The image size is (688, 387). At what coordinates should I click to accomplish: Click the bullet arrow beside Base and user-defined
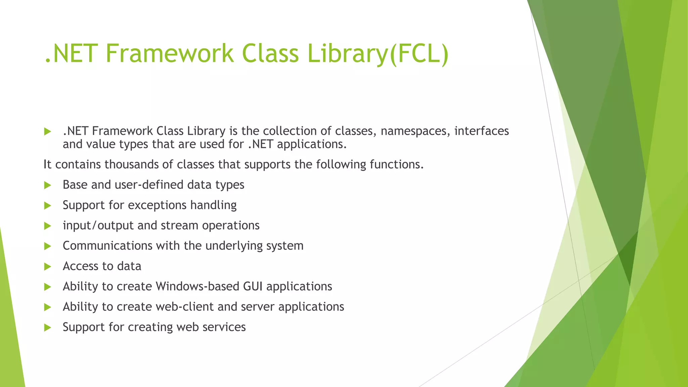coord(47,185)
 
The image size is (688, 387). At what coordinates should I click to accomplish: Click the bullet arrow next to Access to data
coord(47,267)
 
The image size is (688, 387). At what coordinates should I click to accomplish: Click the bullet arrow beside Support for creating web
coord(47,328)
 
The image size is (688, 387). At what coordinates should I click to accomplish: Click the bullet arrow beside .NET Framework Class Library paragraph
coord(47,131)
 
